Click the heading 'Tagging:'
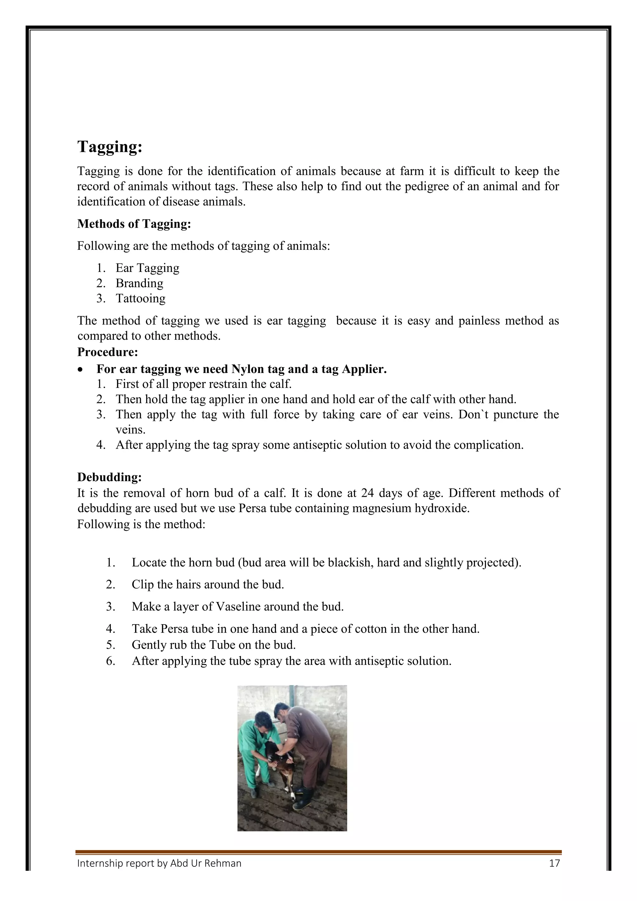click(x=110, y=147)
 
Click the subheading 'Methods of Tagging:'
click(x=134, y=224)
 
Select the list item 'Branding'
click(x=139, y=283)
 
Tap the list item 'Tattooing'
click(x=140, y=299)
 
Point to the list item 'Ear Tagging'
click(x=147, y=268)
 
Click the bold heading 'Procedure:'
click(x=108, y=352)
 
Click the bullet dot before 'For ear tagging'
click(x=81, y=370)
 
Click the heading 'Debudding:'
click(x=109, y=477)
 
